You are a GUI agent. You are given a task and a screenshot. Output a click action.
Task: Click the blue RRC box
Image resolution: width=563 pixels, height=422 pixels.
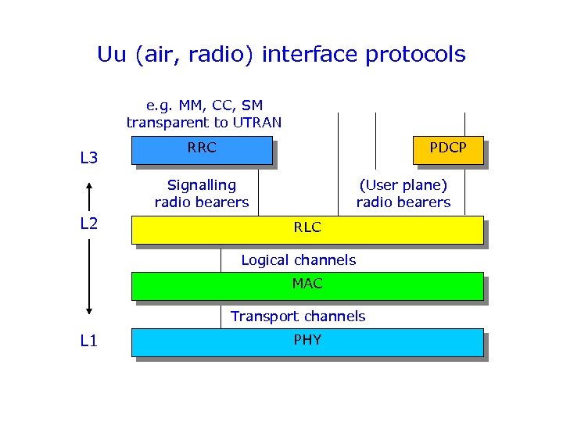point(201,150)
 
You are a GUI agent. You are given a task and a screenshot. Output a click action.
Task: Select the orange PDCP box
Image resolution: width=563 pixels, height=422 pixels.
point(448,150)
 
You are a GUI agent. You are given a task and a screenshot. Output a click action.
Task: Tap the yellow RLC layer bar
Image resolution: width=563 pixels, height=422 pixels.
point(307,229)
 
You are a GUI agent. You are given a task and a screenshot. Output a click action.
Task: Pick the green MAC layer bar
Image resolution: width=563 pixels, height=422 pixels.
point(307,285)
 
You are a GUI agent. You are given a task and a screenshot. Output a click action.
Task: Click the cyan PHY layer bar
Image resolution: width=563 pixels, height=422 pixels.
point(307,342)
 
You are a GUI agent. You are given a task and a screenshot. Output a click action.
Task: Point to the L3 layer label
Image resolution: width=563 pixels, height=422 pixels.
point(89,159)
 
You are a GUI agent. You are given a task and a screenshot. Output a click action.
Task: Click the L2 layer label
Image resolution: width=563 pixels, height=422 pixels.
point(89,224)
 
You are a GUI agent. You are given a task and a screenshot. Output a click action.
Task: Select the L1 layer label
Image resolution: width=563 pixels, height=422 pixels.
point(89,341)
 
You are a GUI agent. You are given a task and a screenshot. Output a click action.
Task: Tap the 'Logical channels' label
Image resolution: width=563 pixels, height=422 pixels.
point(298,260)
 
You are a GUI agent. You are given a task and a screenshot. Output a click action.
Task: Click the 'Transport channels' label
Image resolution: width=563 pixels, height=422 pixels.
point(298,316)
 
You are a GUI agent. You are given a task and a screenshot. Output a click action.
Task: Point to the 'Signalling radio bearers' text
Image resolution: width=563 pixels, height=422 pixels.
point(202,194)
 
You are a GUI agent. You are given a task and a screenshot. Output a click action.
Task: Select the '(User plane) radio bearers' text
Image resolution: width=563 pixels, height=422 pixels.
point(403,194)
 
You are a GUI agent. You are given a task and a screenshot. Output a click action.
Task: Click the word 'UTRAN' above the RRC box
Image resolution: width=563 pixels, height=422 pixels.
point(254,123)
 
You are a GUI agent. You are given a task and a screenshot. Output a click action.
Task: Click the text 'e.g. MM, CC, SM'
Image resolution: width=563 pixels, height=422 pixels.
point(205,105)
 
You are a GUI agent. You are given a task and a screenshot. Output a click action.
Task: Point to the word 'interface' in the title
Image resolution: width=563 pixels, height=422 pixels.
point(304,55)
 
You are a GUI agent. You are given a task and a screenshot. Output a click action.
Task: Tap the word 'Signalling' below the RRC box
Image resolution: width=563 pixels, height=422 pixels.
point(202,186)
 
